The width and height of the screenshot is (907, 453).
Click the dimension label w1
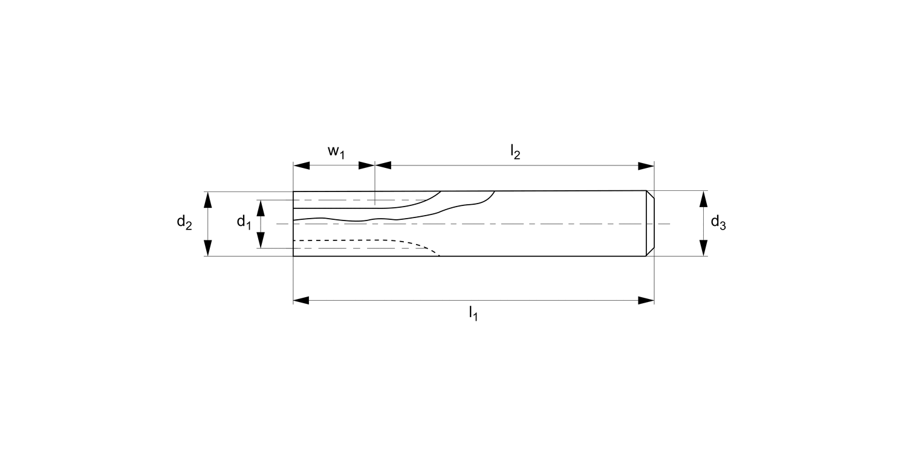click(x=336, y=152)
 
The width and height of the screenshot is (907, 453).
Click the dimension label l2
click(x=515, y=152)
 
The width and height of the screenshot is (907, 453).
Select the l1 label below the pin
click(x=472, y=313)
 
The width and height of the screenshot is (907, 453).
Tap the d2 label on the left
click(x=184, y=223)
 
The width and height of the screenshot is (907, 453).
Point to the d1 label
click(x=244, y=222)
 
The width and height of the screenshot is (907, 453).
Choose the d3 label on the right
click(x=718, y=223)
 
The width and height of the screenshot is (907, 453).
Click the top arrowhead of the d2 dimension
click(x=207, y=199)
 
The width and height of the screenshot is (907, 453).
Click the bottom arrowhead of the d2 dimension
click(x=207, y=248)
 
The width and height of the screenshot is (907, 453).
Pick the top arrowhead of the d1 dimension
click(x=261, y=207)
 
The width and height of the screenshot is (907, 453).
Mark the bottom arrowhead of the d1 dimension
click(x=261, y=240)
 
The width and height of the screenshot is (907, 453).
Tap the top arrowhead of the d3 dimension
click(x=703, y=199)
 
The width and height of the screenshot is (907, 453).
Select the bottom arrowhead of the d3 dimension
click(x=703, y=248)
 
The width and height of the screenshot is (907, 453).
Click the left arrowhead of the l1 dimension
click(x=301, y=300)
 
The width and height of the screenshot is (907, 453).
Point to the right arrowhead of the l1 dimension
click(x=646, y=300)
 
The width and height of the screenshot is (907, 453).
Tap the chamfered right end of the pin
click(x=650, y=223)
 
